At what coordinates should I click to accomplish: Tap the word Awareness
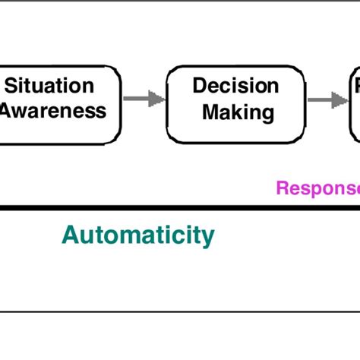point(53,111)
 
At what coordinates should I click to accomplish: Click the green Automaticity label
point(137,235)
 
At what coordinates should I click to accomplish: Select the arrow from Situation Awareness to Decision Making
point(144,98)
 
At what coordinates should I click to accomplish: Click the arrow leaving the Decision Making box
point(324,98)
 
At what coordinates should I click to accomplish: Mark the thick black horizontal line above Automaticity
point(180,207)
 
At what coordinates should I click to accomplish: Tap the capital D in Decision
point(200,86)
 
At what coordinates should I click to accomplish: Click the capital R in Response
point(282,188)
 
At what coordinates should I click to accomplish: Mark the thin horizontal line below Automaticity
point(180,311)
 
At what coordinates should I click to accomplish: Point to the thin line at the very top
point(180,1)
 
